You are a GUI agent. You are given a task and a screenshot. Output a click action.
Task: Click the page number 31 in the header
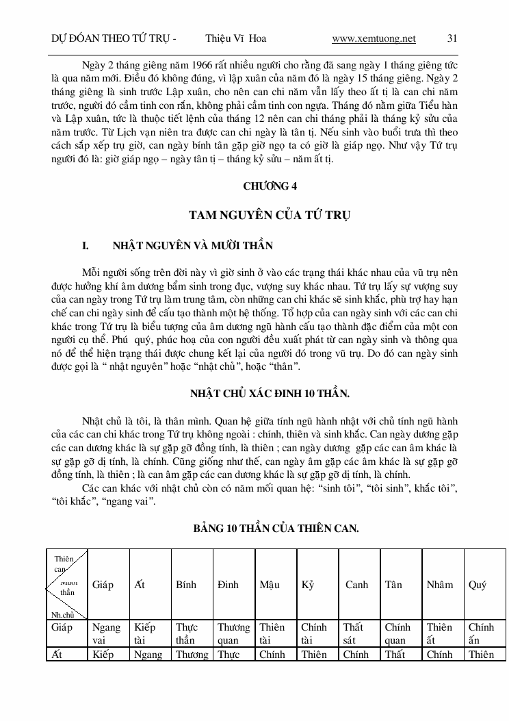tap(452, 38)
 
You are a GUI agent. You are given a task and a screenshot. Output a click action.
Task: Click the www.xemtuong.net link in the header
tap(373, 38)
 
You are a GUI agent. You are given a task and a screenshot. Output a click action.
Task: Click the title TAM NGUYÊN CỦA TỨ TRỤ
tap(270, 216)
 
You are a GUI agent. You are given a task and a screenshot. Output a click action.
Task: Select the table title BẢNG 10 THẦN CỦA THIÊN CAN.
tap(276, 529)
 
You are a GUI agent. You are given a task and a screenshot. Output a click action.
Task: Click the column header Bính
tap(186, 585)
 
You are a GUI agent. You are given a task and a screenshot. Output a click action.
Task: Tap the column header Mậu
tap(270, 585)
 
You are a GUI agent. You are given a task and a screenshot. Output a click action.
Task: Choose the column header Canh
tap(356, 585)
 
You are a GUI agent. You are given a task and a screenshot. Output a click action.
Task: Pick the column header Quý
tap(478, 585)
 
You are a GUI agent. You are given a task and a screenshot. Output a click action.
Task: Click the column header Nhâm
tap(439, 585)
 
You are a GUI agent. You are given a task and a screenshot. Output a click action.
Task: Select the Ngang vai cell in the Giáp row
tap(106, 633)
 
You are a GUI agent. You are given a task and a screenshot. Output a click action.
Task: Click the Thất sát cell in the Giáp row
tap(353, 633)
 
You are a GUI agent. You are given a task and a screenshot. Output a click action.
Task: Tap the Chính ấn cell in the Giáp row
tap(481, 633)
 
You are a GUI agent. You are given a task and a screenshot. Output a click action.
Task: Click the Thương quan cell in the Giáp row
tap(234, 633)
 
